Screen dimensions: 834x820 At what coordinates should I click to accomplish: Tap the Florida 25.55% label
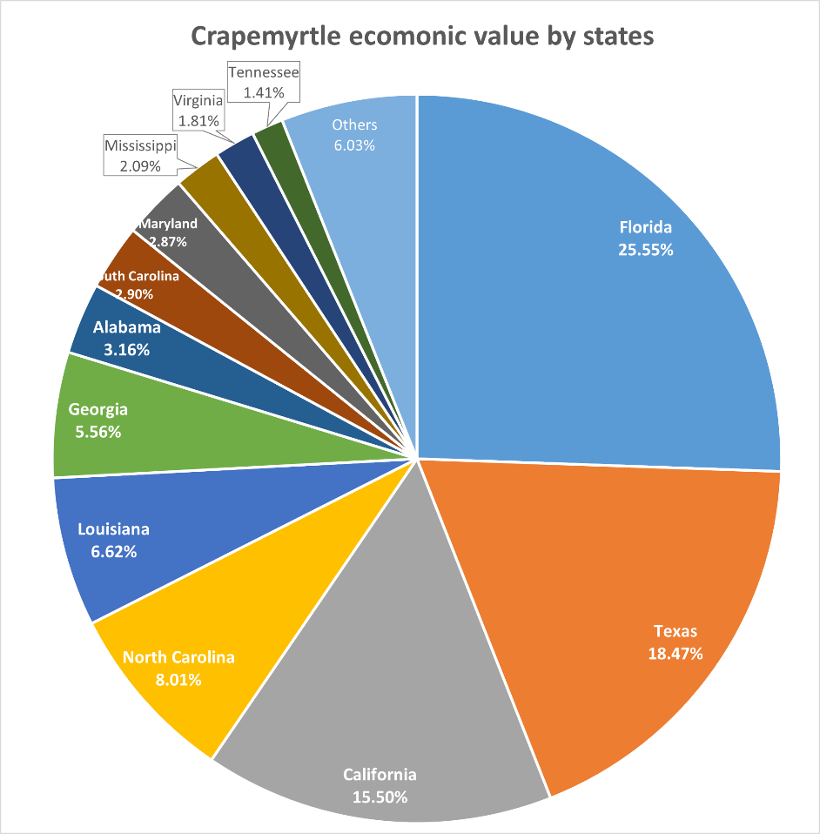pyautogui.click(x=645, y=239)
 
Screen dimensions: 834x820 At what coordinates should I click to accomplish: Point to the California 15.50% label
pyautogui.click(x=380, y=784)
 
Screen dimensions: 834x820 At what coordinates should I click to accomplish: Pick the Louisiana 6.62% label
pyautogui.click(x=113, y=540)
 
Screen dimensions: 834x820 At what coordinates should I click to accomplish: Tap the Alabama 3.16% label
pyautogui.click(x=127, y=339)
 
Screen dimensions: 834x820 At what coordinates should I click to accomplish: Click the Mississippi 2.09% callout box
pyautogui.click(x=140, y=156)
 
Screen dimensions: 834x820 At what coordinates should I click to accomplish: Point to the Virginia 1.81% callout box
pyautogui.click(x=198, y=110)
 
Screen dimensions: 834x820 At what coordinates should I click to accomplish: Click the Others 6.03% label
pyautogui.click(x=354, y=135)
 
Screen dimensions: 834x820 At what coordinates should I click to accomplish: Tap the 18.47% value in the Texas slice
pyautogui.click(x=675, y=652)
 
